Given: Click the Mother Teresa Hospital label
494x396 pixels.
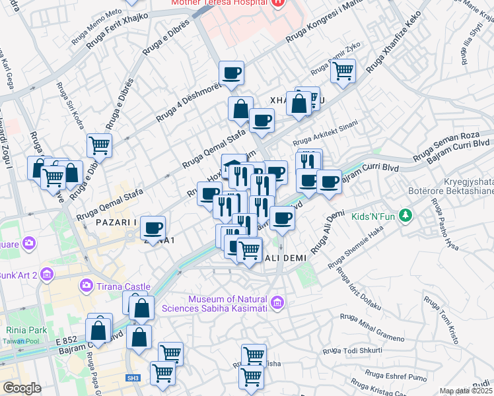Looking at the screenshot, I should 221,3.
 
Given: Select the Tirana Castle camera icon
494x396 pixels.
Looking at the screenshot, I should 85,286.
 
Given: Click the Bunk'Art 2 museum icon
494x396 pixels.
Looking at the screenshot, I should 47,274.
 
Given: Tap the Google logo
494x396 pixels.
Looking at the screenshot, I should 22,389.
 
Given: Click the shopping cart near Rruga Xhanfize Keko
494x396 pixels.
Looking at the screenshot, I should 343,71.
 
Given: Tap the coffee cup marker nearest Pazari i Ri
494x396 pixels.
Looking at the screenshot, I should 153,228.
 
